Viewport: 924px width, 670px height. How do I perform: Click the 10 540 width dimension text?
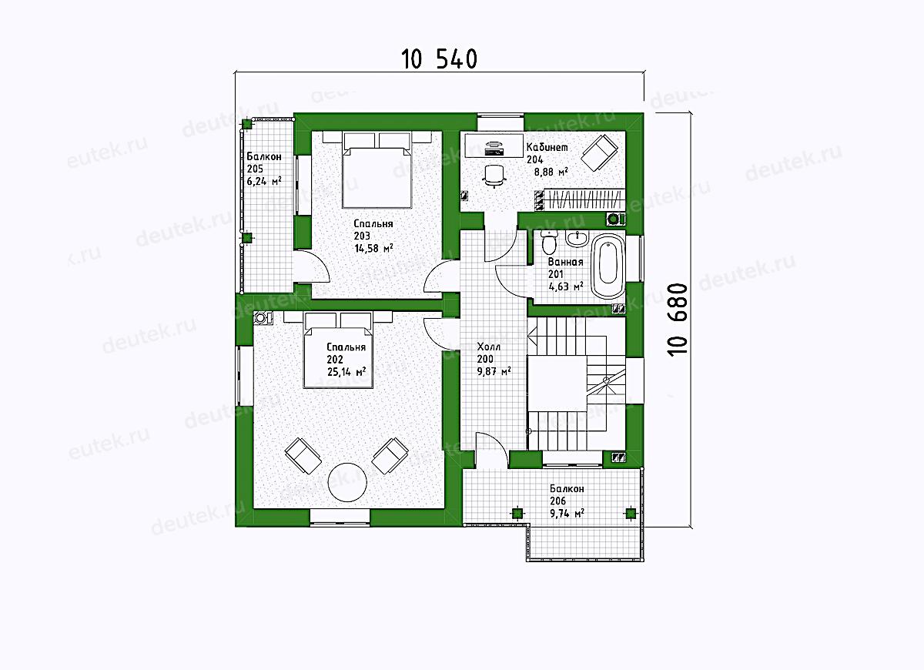click(x=440, y=59)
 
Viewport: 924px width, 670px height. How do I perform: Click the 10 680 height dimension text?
click(x=677, y=320)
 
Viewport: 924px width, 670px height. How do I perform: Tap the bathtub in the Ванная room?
click(x=608, y=266)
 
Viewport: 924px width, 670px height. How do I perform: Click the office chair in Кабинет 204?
click(x=494, y=176)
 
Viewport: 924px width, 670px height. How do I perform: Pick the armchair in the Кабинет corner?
click(x=599, y=152)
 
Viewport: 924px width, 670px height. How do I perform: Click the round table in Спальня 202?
click(x=347, y=482)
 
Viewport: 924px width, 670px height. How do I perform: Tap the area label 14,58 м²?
click(x=373, y=248)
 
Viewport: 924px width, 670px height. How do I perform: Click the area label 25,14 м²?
click(x=346, y=372)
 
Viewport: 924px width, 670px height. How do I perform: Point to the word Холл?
click(x=488, y=346)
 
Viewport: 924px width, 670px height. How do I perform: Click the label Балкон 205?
click(x=264, y=162)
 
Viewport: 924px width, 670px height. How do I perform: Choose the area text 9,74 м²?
click(x=567, y=513)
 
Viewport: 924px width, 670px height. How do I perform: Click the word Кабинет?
click(x=547, y=147)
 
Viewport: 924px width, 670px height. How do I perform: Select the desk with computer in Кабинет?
click(x=494, y=146)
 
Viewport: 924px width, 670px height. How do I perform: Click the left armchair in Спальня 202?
click(x=303, y=456)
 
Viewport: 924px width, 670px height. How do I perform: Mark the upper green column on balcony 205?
click(x=246, y=124)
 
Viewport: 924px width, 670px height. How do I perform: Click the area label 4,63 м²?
click(x=565, y=286)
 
